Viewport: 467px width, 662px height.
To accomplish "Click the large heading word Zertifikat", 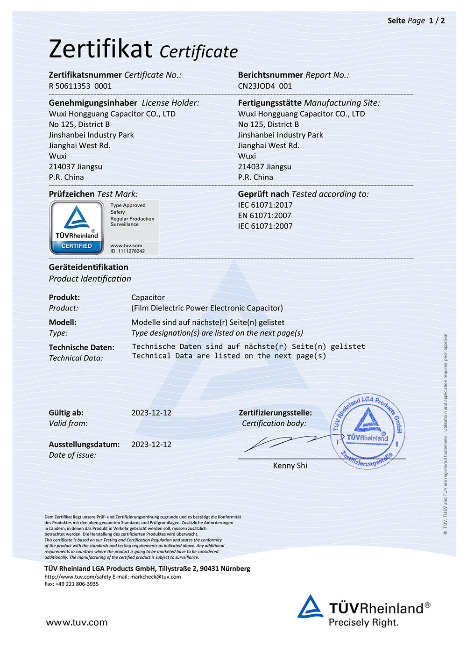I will [100, 49].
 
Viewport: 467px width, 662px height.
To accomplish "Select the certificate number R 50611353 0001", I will [80, 86].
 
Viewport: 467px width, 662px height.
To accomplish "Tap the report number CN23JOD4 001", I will [265, 86].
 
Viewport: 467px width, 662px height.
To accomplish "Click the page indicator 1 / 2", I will [437, 21].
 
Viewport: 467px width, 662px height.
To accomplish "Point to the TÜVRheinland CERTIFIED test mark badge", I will [77, 228].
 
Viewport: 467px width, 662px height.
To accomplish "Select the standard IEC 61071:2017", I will [265, 205].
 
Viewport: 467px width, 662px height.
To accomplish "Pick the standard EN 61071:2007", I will [264, 216].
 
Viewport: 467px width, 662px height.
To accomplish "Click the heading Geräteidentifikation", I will [89, 267].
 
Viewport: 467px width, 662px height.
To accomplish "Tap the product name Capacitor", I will [148, 297].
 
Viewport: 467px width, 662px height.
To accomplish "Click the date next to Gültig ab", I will [151, 413].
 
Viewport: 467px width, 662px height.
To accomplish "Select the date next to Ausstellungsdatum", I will [151, 444].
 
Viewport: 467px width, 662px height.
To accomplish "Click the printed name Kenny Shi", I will [290, 466].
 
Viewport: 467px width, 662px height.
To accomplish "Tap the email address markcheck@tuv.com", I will [156, 577].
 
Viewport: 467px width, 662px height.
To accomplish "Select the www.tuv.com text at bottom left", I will [77, 622].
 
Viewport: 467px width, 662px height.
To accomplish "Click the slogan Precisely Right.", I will [363, 623].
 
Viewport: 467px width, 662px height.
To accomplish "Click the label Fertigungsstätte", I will [269, 103].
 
